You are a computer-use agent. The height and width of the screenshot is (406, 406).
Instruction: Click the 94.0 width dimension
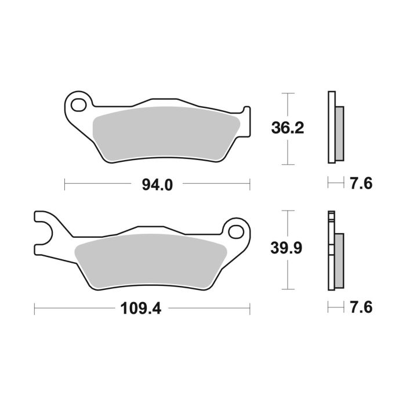(x=157, y=184)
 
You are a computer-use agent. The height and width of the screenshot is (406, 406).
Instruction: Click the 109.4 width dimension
(x=142, y=307)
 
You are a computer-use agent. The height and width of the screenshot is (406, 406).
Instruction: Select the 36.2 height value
(x=288, y=128)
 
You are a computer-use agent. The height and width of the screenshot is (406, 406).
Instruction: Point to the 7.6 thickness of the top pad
(x=360, y=184)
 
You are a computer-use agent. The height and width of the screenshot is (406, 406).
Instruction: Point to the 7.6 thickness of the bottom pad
(x=360, y=307)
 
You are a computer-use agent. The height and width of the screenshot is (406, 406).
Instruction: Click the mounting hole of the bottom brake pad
(x=236, y=231)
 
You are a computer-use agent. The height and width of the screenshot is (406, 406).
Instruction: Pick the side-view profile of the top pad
(x=335, y=128)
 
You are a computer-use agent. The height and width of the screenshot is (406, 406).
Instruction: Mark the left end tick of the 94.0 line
(x=64, y=184)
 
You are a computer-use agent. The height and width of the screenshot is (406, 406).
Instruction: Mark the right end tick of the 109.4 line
(x=249, y=307)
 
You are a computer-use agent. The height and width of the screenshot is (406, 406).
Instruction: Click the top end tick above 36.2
(x=288, y=93)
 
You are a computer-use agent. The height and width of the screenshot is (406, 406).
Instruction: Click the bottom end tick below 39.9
(x=288, y=289)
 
